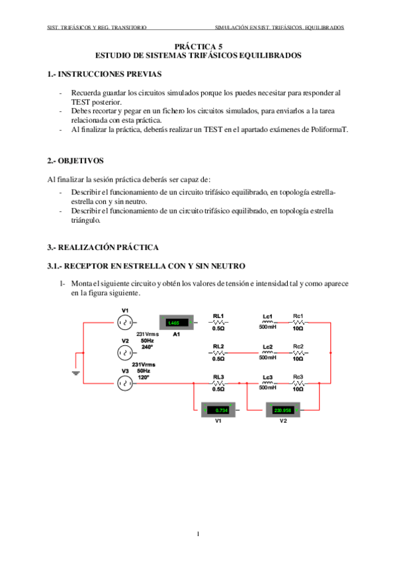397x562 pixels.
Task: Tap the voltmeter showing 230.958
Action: tap(283, 410)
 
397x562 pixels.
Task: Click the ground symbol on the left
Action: tap(77, 373)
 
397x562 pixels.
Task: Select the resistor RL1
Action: tap(218, 322)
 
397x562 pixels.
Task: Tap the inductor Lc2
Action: tap(268, 353)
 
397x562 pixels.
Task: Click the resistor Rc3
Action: tap(298, 383)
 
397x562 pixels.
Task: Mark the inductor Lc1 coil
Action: tap(268, 322)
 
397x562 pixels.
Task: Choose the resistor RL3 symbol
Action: tap(218, 383)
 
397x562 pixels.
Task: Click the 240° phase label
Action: tap(147, 347)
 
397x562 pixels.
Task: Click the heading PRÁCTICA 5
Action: tap(198, 47)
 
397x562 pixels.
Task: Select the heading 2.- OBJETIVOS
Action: tap(75, 161)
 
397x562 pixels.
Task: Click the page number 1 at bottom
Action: tap(198, 533)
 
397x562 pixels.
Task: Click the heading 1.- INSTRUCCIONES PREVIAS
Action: tap(104, 74)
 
